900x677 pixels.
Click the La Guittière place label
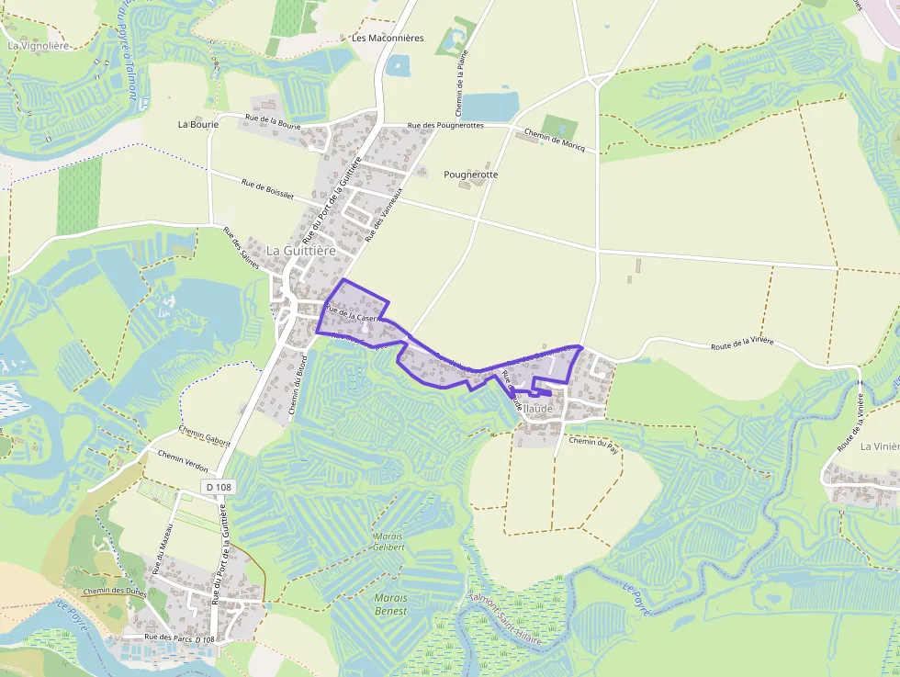click(301, 250)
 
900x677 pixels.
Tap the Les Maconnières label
click(388, 38)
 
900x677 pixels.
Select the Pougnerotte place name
click(470, 175)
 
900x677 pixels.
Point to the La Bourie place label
click(198, 123)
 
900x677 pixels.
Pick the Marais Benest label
click(391, 604)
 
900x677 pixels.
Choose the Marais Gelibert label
click(388, 541)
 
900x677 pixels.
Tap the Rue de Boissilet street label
click(267, 188)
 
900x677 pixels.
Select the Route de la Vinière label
click(742, 344)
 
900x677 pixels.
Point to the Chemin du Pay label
click(592, 442)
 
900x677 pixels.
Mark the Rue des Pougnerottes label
click(445, 125)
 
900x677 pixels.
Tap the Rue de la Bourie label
click(274, 120)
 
